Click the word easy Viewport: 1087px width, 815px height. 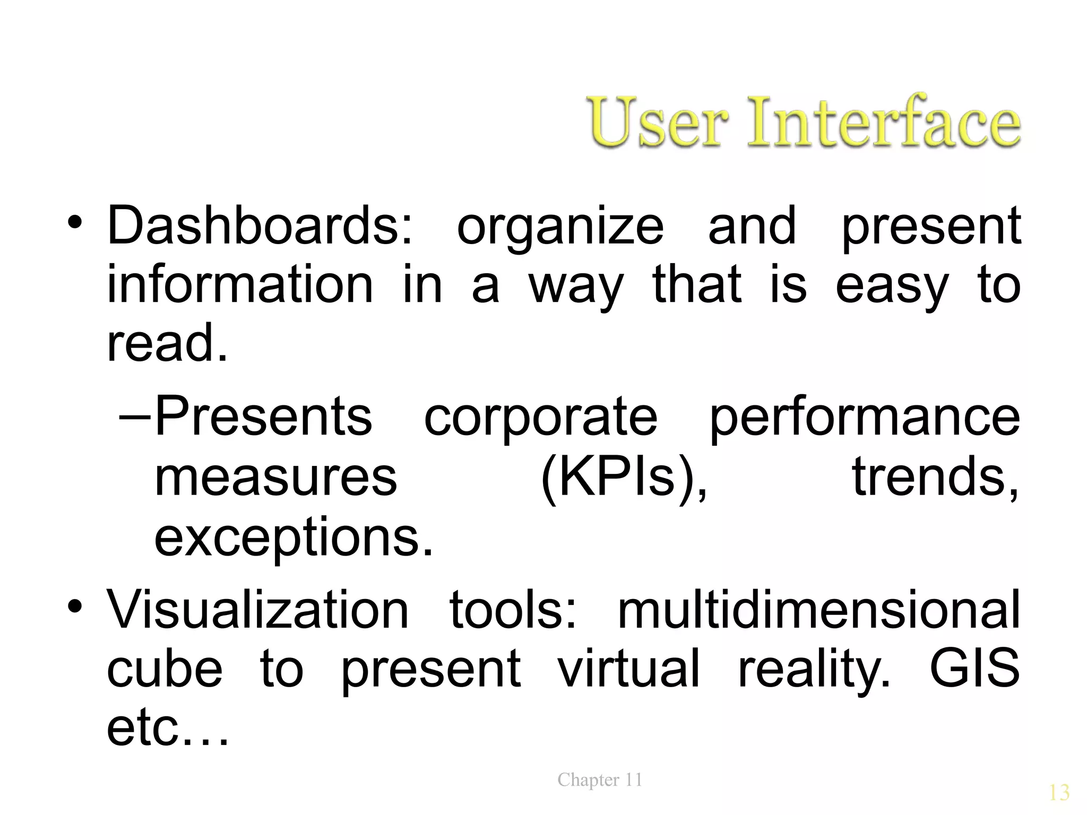pyautogui.click(x=892, y=287)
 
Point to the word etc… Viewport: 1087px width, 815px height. pyautogui.click(x=168, y=728)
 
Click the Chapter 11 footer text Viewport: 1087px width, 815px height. pyautogui.click(x=600, y=779)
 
